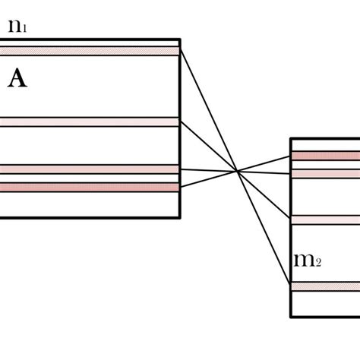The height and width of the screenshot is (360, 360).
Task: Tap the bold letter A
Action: (x=17, y=79)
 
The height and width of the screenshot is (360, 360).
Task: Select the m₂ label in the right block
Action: (x=307, y=261)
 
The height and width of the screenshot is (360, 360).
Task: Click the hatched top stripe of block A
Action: (x=89, y=51)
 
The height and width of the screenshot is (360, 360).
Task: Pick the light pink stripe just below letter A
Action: (x=89, y=122)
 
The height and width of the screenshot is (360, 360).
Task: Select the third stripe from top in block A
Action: (x=89, y=169)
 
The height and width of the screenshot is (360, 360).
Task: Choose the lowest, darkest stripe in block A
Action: (x=89, y=186)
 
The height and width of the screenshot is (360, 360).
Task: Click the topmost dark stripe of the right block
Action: (x=325, y=156)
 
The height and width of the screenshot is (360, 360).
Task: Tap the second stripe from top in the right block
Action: (x=325, y=173)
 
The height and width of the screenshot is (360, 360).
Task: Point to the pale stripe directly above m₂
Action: (x=325, y=219)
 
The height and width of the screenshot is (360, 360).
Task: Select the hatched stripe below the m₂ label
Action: (x=325, y=286)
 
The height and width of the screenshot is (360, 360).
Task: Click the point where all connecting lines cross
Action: (x=238, y=172)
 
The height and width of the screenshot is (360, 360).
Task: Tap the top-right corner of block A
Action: (x=180, y=39)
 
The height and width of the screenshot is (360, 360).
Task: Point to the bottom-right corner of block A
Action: (x=180, y=218)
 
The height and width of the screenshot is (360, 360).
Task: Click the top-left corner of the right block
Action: (x=292, y=138)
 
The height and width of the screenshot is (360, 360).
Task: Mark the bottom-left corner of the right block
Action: (x=292, y=316)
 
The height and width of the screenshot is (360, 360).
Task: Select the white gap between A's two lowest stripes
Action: (x=89, y=178)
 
